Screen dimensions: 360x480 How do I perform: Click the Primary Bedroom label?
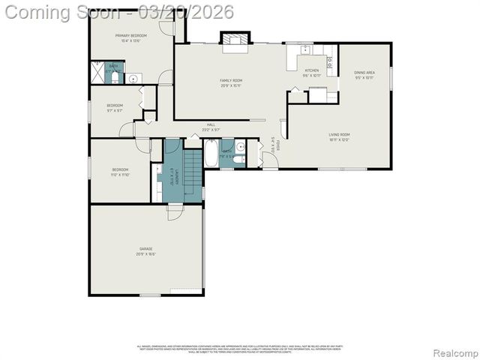(130, 36)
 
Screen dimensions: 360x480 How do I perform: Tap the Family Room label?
(231, 80)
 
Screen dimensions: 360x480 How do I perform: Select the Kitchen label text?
(311, 71)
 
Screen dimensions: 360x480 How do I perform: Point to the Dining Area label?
(364, 73)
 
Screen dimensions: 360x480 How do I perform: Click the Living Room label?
(339, 135)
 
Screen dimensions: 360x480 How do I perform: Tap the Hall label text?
(211, 125)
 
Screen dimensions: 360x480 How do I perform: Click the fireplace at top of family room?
(232, 38)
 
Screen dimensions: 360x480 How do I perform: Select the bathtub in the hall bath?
(212, 154)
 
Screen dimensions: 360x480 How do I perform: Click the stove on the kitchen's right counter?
(330, 62)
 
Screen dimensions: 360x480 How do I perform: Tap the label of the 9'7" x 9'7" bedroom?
(114, 106)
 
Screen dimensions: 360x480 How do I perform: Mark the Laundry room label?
(172, 174)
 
